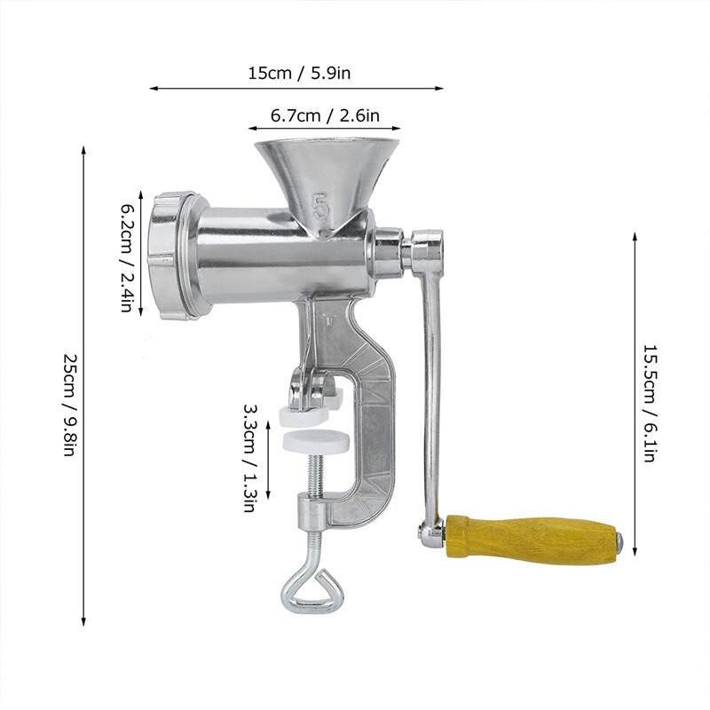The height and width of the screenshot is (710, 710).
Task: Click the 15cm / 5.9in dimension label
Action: click(299, 74)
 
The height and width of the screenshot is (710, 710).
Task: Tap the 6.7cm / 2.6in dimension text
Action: click(325, 115)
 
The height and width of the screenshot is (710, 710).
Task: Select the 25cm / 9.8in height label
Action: click(71, 405)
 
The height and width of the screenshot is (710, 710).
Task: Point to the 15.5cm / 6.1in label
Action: click(650, 403)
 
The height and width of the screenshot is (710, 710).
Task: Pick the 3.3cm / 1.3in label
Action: click(250, 458)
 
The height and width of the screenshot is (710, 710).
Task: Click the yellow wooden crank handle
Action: click(531, 538)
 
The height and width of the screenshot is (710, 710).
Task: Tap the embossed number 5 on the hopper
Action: click(320, 206)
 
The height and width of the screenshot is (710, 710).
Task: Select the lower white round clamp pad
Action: click(316, 440)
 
